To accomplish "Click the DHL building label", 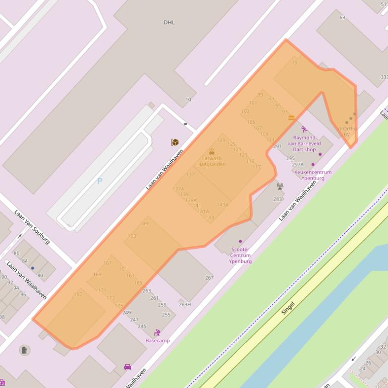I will click(169, 22).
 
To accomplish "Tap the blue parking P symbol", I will click(100, 181).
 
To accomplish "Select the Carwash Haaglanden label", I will click(211, 161).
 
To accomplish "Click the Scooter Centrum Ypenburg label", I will click(240, 255).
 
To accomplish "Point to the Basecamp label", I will click(157, 340).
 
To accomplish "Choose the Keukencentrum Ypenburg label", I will click(313, 175).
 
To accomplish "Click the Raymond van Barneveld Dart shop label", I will click(304, 143).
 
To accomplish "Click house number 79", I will click(295, 63).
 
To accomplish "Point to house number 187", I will click(78, 294).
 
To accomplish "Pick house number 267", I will click(209, 278).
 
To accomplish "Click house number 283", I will click(278, 199).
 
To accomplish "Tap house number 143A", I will click(223, 205).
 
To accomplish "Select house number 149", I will click(144, 223).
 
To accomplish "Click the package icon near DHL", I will click(175, 143).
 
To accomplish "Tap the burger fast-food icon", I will click(291, 117).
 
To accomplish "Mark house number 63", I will click(342, 18).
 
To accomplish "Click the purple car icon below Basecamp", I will click(128, 367).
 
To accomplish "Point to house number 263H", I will click(185, 304).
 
